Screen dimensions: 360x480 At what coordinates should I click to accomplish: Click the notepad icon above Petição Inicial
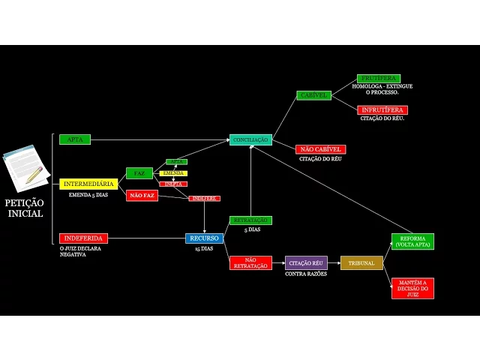(25, 168)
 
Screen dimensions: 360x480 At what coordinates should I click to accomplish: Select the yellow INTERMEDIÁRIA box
(88, 184)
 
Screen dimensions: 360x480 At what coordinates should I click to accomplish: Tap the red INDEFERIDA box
(83, 238)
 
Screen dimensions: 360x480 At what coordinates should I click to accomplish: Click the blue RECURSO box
(205, 238)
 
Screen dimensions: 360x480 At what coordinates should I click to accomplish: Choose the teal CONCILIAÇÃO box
(250, 140)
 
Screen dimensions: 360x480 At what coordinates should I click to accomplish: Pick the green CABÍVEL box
(313, 95)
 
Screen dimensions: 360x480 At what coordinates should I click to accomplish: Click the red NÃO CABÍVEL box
(320, 149)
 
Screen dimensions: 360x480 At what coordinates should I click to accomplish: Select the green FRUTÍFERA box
(379, 78)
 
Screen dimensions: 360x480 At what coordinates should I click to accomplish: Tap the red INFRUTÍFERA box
(382, 110)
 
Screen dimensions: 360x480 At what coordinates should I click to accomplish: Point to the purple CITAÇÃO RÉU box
(306, 262)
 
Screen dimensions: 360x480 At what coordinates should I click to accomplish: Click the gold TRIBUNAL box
(361, 262)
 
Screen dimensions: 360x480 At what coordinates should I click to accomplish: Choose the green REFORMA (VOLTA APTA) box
(412, 241)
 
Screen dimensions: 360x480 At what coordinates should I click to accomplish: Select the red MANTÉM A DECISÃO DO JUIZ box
(412, 288)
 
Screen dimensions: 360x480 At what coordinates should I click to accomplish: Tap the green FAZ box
(139, 173)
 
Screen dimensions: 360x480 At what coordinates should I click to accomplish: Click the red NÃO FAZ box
(142, 196)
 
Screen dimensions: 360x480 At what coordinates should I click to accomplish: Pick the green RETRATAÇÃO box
(250, 220)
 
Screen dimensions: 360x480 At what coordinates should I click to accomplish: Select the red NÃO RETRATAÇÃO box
(250, 262)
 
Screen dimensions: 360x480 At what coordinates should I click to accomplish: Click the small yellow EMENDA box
(173, 173)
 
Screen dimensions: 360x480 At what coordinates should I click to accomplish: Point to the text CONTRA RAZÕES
(306, 274)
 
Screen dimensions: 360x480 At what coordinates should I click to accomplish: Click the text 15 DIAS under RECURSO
(204, 249)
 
